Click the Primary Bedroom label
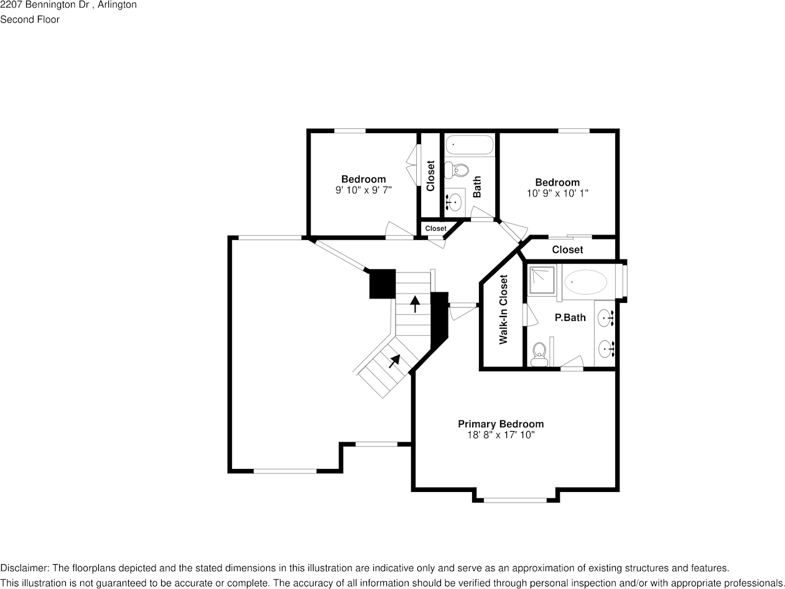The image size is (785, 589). (500, 424)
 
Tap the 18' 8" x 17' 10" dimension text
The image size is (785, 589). (500, 435)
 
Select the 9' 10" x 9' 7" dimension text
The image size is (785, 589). (363, 190)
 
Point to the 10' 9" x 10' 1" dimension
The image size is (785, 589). (557, 193)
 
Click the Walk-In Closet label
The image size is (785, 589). (504, 309)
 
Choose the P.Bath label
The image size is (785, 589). (570, 318)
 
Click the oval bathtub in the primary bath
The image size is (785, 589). (585, 282)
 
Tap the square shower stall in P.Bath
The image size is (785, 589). (542, 279)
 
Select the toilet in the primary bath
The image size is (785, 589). (539, 353)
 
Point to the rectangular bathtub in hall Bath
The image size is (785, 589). (470, 145)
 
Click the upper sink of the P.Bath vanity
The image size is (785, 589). (606, 319)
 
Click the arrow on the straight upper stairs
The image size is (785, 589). (414, 304)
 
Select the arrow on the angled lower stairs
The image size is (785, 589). (394, 360)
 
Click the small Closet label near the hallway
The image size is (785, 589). (435, 229)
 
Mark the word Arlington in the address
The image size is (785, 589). (118, 5)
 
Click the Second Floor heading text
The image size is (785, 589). (30, 19)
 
